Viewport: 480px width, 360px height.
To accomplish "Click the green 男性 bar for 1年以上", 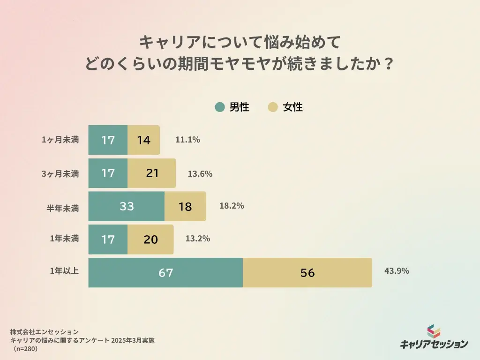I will point(165,272).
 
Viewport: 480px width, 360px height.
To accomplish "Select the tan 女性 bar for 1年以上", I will point(307,272).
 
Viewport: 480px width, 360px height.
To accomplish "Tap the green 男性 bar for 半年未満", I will point(127,206).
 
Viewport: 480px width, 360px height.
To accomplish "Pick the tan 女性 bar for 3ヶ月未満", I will point(152,173).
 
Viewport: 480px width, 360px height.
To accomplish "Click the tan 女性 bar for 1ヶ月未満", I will point(143,140).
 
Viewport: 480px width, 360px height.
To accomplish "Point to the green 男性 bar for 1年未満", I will point(108,239).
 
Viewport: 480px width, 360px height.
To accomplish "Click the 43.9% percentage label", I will point(397,271).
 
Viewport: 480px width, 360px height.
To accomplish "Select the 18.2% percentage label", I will point(232,205).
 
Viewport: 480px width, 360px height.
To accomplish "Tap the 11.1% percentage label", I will point(187,139).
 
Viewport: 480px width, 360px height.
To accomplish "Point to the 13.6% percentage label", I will point(200,173).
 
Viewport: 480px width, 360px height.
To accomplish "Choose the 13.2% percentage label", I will point(197,239).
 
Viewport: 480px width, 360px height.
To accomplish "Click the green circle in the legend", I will point(220,107).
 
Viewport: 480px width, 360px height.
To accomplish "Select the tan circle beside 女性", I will point(273,107).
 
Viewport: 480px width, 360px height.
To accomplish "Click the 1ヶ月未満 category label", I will point(60,140).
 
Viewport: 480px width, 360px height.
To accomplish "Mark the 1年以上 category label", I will point(65,271).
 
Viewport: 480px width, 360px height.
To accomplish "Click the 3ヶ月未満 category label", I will point(60,173).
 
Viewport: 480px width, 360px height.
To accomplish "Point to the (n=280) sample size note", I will point(26,349).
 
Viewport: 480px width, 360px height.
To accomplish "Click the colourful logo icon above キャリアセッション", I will point(434,331).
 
